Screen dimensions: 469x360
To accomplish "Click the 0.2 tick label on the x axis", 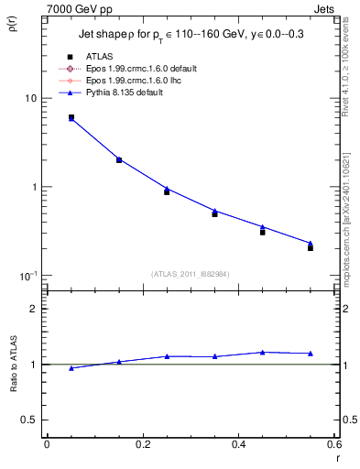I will click(x=142, y=444).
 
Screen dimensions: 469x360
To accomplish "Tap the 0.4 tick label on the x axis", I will click(x=238, y=444).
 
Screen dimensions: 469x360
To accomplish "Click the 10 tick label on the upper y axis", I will click(x=30, y=98).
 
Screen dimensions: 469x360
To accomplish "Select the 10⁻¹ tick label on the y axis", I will click(x=27, y=276).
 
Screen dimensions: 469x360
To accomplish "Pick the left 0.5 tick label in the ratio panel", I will click(x=30, y=420).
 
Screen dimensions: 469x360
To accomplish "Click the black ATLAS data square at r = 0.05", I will click(x=71, y=117).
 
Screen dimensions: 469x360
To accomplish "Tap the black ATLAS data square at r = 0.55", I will click(x=311, y=247).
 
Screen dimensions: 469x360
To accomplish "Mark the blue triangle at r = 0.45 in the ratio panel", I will click(x=263, y=352).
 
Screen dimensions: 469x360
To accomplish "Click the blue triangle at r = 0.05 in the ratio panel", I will click(x=71, y=368).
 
